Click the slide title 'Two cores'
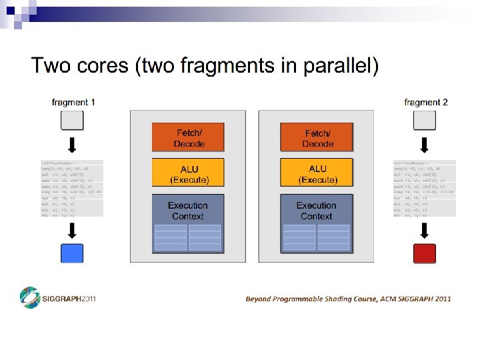coord(204,66)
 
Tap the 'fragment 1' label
coord(73,102)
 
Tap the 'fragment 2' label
coord(425,102)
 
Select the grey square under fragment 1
coord(73,121)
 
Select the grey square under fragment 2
coord(425,121)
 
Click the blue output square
coord(72,253)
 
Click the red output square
coord(425,253)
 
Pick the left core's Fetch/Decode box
coord(189,138)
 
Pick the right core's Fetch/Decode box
coord(317,138)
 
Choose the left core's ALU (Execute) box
coord(189,174)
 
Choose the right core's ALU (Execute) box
coord(317,174)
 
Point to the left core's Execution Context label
coord(188,211)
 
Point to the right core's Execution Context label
coord(317,211)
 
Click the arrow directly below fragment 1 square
coord(73,145)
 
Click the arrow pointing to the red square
coord(425,230)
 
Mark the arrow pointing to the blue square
coord(73,230)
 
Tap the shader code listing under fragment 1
coord(72,189)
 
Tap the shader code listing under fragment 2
coord(424,189)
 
